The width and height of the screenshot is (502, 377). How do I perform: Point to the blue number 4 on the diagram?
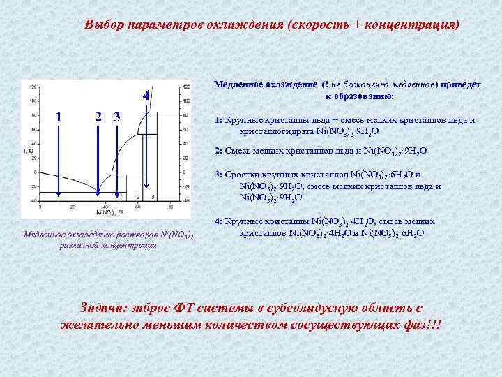[x=145, y=95]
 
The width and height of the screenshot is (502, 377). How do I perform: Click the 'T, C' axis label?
[x=27, y=150]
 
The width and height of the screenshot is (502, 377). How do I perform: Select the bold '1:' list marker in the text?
[x=219, y=119]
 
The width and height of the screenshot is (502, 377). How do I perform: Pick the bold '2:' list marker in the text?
[x=219, y=150]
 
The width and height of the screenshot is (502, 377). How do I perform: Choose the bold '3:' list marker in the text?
[x=219, y=175]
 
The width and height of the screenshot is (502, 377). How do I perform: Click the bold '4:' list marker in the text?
[x=219, y=221]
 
